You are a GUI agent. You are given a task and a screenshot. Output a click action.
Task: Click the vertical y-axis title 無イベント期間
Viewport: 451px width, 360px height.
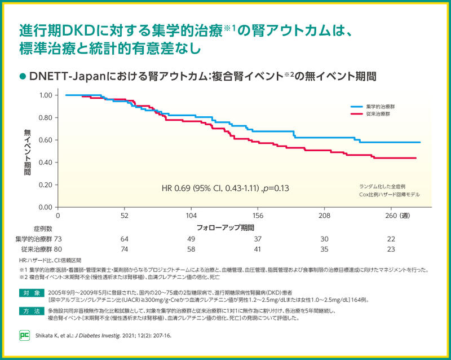[x=27, y=151]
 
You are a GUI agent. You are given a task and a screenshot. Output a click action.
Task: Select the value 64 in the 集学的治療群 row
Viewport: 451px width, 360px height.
[x=125, y=239]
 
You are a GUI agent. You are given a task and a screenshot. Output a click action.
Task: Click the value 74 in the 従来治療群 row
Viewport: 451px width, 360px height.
[x=125, y=249]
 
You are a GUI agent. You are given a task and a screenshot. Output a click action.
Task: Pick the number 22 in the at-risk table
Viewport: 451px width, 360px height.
[x=391, y=239]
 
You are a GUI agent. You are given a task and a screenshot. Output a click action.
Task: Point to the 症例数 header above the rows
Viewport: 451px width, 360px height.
[x=43, y=229]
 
